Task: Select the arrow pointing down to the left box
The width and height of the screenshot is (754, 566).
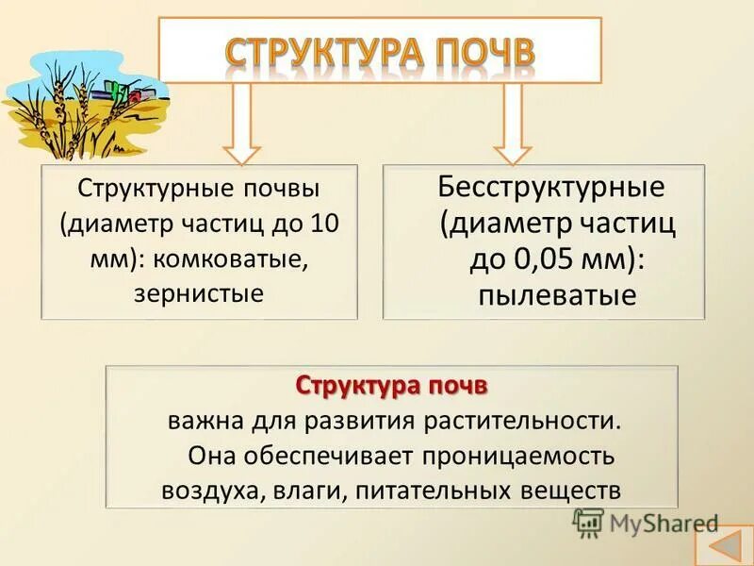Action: (x=241, y=123)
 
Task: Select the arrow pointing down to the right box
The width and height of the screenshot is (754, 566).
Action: (x=513, y=123)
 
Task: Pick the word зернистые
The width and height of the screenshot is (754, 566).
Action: (x=199, y=293)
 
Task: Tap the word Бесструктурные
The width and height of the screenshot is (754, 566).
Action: (x=551, y=186)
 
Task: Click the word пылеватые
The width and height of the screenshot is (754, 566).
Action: (x=544, y=295)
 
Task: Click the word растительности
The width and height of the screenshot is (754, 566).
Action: (x=531, y=420)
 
